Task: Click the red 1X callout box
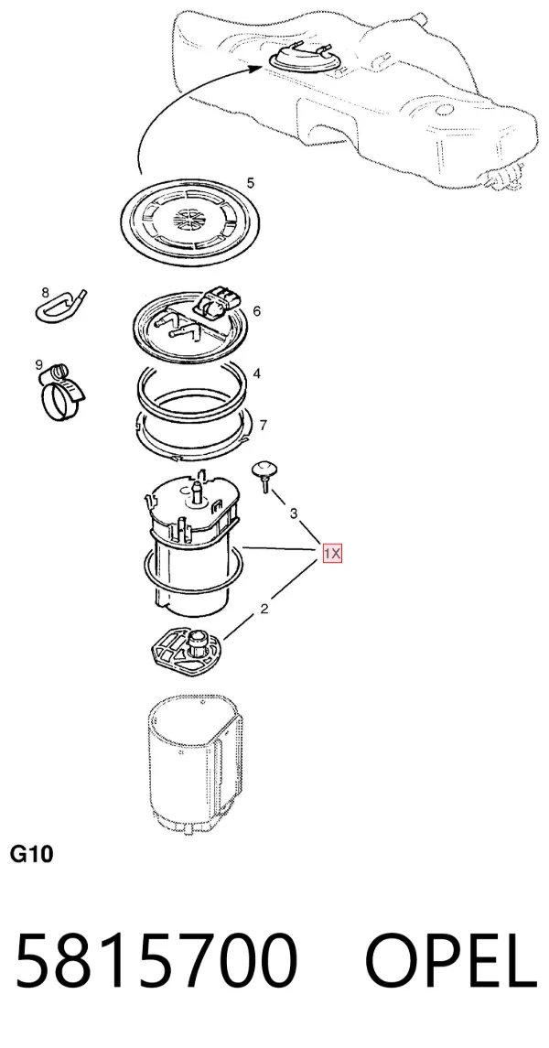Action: click(332, 554)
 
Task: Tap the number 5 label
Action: click(251, 183)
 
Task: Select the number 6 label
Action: click(257, 311)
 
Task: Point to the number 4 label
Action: click(257, 373)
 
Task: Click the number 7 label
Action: click(264, 425)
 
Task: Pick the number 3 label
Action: click(293, 513)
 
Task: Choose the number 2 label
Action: click(264, 609)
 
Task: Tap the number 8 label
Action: click(46, 292)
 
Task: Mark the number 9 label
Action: click(38, 364)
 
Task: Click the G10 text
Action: click(31, 854)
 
